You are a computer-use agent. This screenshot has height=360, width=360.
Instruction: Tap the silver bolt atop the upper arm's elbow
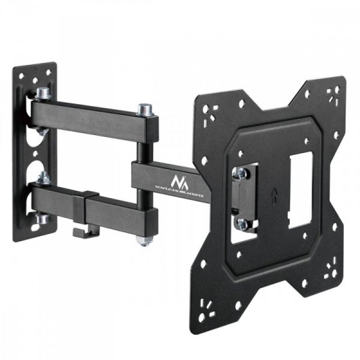pos(143,109)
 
